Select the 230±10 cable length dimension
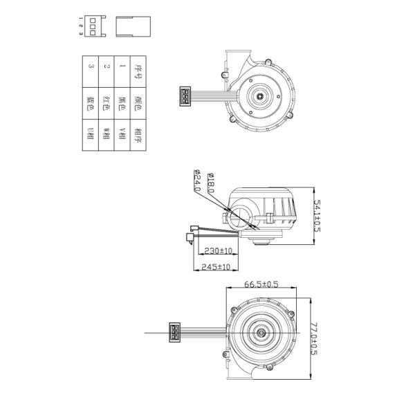tap(216, 250)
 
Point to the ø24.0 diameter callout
tap(196, 181)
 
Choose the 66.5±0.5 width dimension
tap(261, 284)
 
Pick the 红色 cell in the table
tap(106, 102)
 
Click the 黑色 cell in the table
tap(122, 102)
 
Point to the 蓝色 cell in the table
tap(89, 102)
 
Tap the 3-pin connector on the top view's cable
tap(186, 96)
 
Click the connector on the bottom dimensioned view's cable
tap(173, 333)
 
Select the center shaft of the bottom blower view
tap(263, 333)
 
